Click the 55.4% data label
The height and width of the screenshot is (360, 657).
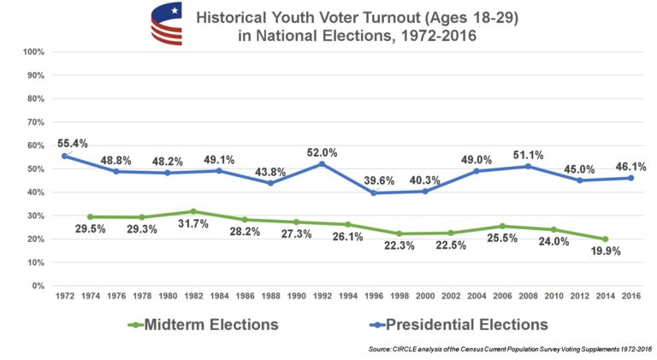coord(72,143)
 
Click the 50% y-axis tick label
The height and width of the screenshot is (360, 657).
coord(35,169)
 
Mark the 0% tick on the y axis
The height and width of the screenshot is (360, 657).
coord(38,286)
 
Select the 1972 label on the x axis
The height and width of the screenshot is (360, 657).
coord(64,296)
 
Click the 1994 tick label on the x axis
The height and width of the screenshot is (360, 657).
coord(349,296)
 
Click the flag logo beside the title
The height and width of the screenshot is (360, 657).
coord(167,24)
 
